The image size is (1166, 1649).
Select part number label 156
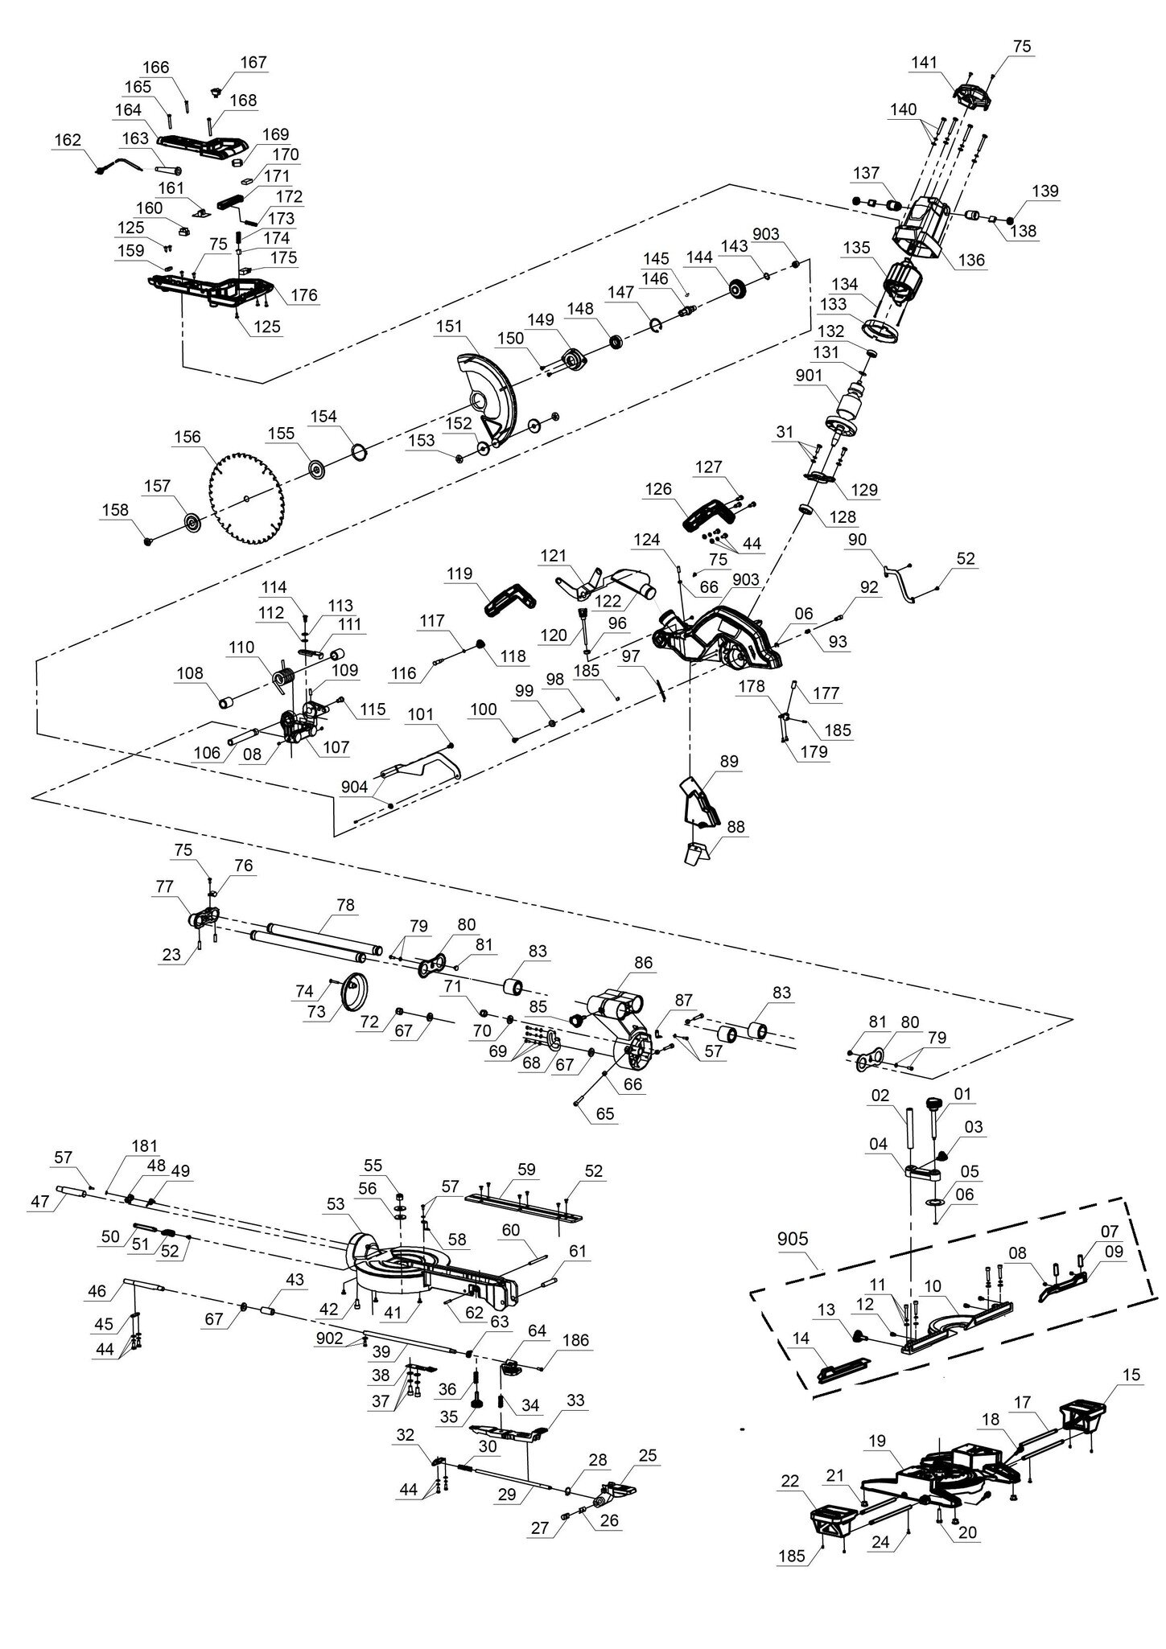[187, 438]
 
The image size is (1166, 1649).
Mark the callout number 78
[345, 905]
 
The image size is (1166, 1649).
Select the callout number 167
[253, 63]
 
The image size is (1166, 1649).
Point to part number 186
[576, 1340]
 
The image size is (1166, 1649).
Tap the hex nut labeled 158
[147, 541]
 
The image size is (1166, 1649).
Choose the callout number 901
[809, 376]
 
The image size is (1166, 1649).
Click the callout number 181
[145, 1145]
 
